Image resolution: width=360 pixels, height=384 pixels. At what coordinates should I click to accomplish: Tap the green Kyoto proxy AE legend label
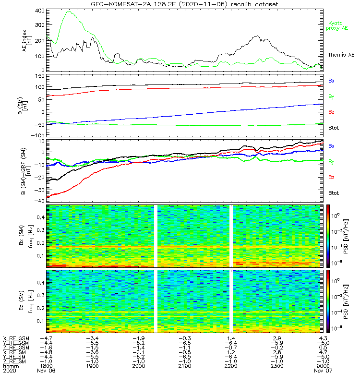338,25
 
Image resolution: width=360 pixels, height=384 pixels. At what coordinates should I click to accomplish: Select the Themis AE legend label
341,55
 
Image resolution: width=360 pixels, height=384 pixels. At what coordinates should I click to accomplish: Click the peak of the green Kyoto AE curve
69,12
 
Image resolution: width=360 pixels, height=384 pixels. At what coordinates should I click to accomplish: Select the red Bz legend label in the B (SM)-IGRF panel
331,178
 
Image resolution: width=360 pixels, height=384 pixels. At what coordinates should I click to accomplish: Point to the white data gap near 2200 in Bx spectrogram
231,235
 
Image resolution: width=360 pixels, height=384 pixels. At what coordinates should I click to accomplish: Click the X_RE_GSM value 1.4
231,339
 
